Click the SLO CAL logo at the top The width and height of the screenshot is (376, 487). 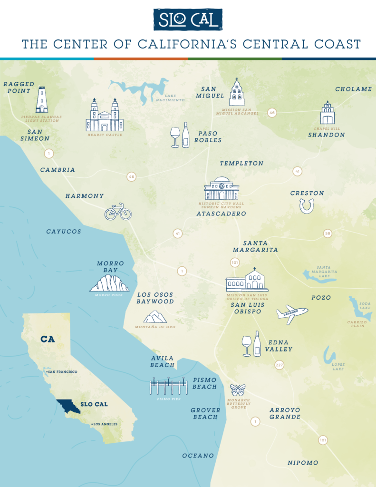pyautogui.click(x=188, y=19)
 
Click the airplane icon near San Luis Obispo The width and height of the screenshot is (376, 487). pyautogui.click(x=292, y=314)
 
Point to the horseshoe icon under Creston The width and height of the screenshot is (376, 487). pyautogui.click(x=307, y=205)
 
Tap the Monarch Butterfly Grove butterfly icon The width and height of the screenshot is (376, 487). pyautogui.click(x=237, y=390)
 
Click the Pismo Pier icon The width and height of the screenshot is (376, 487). pyautogui.click(x=168, y=387)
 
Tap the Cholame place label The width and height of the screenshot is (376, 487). pyautogui.click(x=353, y=89)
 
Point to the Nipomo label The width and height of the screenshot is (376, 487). pyautogui.click(x=303, y=463)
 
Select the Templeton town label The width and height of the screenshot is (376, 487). pyautogui.click(x=241, y=163)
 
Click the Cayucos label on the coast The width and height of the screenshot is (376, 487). pyautogui.click(x=64, y=232)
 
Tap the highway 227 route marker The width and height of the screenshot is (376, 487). pyautogui.click(x=280, y=365)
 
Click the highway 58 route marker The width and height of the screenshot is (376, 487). pyautogui.click(x=328, y=233)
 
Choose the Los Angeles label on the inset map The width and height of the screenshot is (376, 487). pyautogui.click(x=105, y=424)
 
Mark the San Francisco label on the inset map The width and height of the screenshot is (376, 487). pyautogui.click(x=62, y=371)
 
